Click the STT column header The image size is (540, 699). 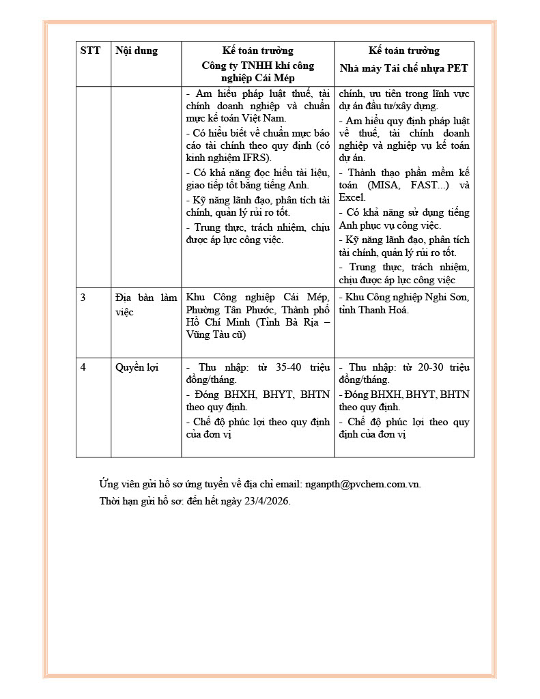click(90, 51)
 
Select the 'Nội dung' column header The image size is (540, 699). click(137, 51)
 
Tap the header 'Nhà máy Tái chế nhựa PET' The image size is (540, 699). click(404, 68)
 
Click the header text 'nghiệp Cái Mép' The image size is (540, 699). click(257, 79)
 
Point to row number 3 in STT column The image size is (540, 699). click(83, 297)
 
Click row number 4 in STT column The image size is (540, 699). click(83, 367)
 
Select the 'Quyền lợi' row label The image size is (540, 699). click(137, 367)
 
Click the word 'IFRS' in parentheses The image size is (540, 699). click(252, 158)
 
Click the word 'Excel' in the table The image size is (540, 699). click(352, 197)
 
